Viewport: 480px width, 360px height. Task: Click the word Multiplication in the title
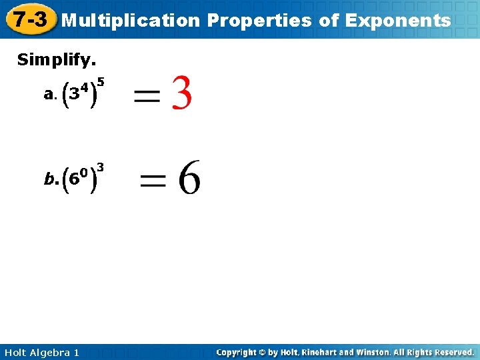[x=131, y=21]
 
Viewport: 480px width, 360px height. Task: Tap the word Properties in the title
[x=259, y=21]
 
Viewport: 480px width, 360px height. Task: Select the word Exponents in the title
[x=399, y=21]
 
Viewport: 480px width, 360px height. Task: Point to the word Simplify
[x=57, y=60]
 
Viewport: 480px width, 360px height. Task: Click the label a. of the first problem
[x=49, y=95]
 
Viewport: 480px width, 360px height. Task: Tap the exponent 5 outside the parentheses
[x=101, y=82]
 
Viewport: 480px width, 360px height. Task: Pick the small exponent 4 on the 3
[x=85, y=87]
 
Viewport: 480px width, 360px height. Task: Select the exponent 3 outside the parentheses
[x=99, y=166]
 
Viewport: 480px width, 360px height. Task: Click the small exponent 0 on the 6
[x=85, y=171]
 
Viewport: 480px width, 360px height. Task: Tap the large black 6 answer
[x=189, y=177]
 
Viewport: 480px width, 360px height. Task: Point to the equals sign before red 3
[x=147, y=97]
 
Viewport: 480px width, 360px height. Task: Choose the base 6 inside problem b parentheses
[x=75, y=179]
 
